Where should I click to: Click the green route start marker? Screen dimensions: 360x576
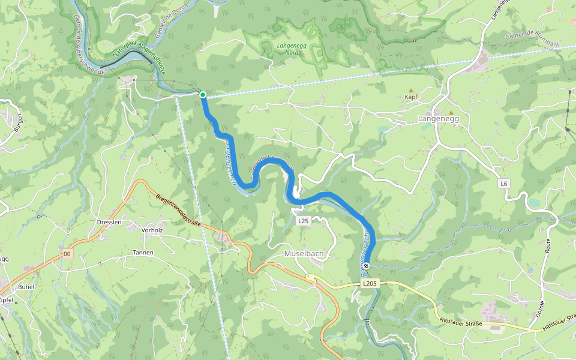point(203,95)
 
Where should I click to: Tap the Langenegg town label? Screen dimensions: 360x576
point(437,119)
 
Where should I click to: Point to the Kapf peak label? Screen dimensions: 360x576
point(410,97)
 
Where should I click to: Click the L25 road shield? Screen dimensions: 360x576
point(303,221)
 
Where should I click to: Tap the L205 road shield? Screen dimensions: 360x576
point(370,283)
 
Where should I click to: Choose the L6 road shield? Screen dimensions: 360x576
point(503,182)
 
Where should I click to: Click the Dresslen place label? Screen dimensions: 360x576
point(109,222)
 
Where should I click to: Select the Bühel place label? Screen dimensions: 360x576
point(26,287)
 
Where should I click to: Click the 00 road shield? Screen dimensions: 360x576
point(67,254)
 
